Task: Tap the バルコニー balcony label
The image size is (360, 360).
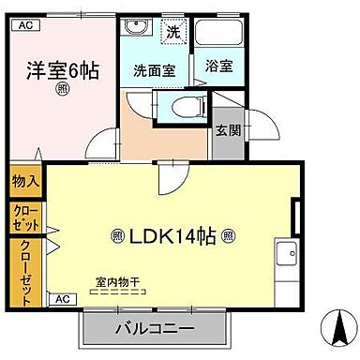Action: (x=155, y=330)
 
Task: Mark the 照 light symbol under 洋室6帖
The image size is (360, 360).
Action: (x=62, y=90)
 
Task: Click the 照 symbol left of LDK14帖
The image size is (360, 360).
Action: (x=117, y=236)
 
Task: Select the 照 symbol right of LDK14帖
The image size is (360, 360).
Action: (x=229, y=236)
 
